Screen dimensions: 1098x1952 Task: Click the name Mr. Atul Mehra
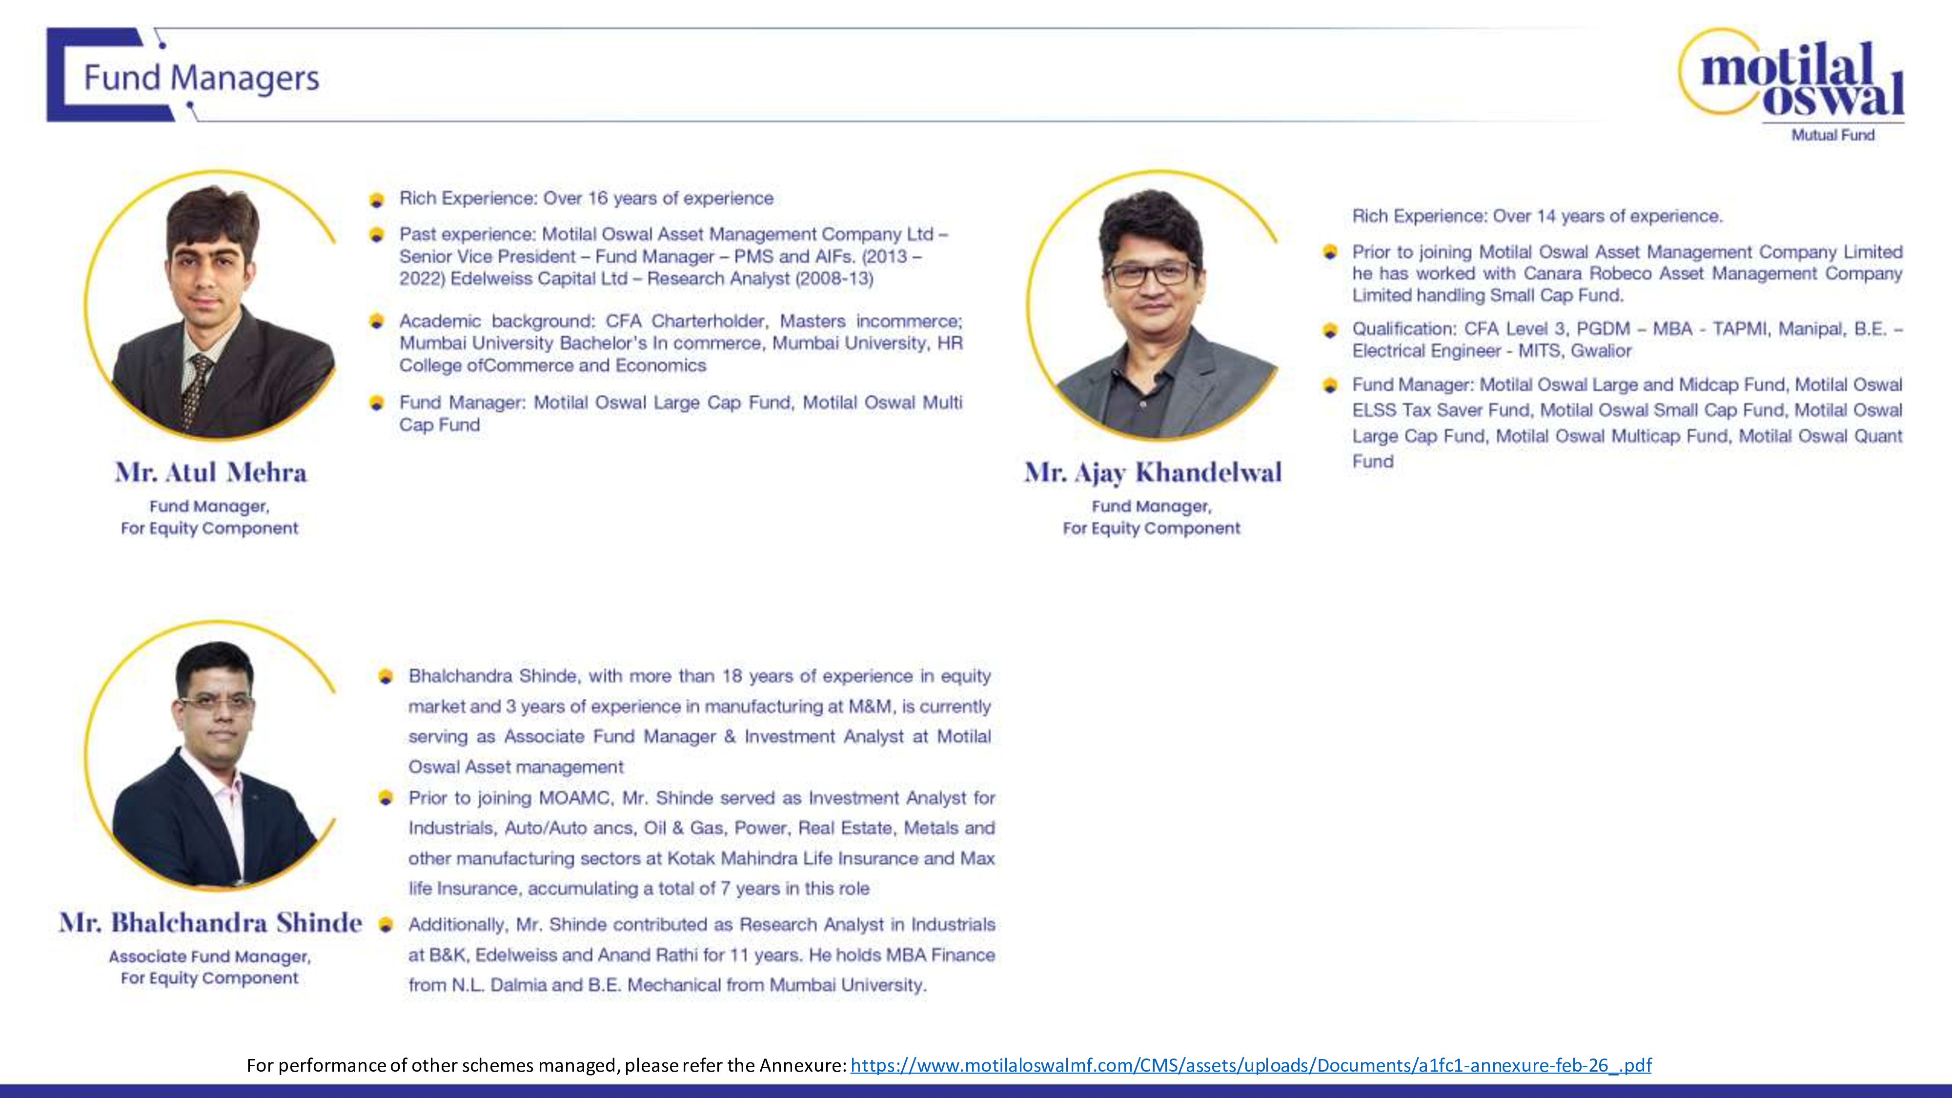211,473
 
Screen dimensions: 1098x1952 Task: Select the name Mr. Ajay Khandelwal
1152,473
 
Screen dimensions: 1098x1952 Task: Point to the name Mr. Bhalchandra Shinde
211,923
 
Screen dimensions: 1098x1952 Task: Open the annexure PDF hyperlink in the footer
1250,1065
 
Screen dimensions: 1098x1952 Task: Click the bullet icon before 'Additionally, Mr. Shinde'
386,925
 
